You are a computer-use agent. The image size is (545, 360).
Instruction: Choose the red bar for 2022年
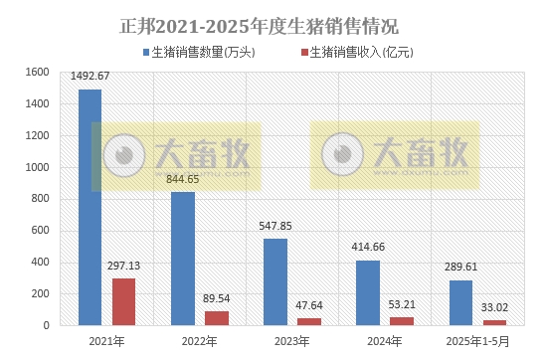217,317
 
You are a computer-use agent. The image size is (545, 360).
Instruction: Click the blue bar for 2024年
368,292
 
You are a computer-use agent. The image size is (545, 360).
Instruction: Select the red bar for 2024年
403,320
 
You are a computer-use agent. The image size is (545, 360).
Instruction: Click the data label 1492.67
91,76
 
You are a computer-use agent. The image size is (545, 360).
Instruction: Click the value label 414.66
368,247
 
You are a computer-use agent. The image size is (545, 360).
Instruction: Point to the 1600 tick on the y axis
37,73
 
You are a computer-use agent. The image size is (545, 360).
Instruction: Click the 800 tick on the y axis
40,199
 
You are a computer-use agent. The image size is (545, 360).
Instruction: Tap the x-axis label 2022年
199,341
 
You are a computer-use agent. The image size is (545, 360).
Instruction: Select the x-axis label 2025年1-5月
477,341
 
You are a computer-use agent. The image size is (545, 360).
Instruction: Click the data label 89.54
217,297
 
